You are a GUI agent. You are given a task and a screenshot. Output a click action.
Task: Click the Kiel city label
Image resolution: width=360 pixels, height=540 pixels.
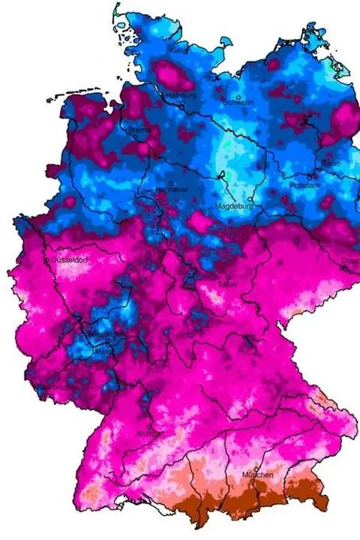(x=178, y=50)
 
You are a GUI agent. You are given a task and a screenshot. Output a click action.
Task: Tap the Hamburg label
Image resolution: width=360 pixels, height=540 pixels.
(x=180, y=96)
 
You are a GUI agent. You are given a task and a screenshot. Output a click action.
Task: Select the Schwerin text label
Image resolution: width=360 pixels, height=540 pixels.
(x=238, y=103)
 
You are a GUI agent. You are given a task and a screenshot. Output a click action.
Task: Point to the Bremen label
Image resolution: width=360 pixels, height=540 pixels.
(x=139, y=130)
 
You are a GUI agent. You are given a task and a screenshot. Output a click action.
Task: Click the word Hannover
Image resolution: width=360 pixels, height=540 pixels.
(x=172, y=189)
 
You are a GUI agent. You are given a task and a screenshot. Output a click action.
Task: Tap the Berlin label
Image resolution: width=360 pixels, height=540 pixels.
(x=331, y=163)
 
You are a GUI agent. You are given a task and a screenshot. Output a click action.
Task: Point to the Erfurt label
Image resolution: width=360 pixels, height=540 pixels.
(x=228, y=284)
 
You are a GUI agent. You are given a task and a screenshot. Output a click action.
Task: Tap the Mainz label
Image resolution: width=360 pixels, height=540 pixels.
(x=101, y=350)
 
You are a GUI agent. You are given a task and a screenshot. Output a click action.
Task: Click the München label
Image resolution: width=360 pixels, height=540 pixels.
(x=257, y=475)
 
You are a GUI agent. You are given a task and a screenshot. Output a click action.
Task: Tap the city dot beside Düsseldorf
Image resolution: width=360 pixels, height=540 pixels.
(x=47, y=259)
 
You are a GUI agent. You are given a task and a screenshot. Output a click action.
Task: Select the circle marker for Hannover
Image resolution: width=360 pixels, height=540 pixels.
(x=171, y=182)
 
